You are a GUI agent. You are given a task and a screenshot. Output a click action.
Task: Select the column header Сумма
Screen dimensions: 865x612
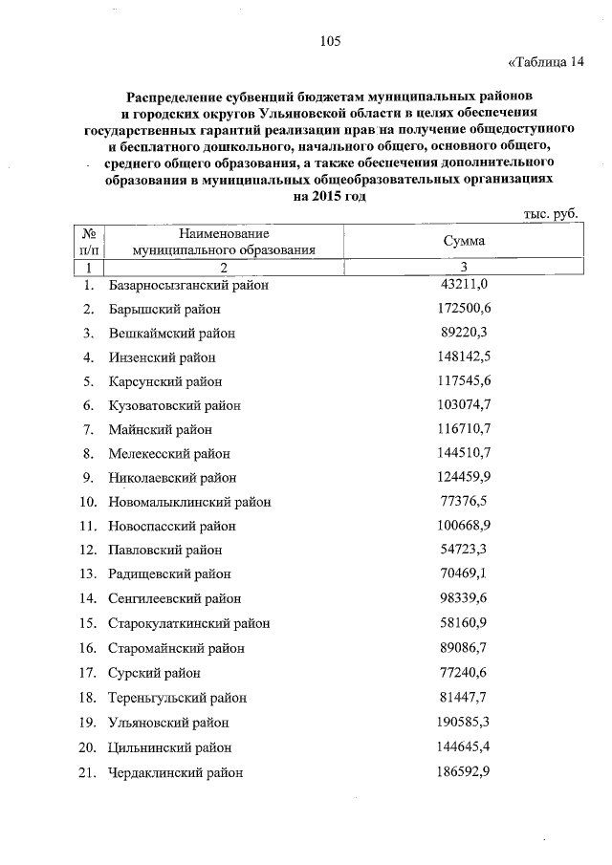(x=464, y=241)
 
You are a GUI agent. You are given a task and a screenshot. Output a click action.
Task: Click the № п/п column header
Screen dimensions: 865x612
(x=88, y=241)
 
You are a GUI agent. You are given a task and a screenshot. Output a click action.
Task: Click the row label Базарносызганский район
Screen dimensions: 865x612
(x=188, y=285)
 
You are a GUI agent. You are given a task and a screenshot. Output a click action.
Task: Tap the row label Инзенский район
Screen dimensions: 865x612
(x=162, y=357)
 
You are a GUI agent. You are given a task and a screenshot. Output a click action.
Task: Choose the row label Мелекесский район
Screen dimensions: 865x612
(x=169, y=453)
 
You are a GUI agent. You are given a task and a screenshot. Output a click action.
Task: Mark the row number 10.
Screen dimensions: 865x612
(x=87, y=502)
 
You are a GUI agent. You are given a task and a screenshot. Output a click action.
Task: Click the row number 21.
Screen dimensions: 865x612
(x=87, y=771)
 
